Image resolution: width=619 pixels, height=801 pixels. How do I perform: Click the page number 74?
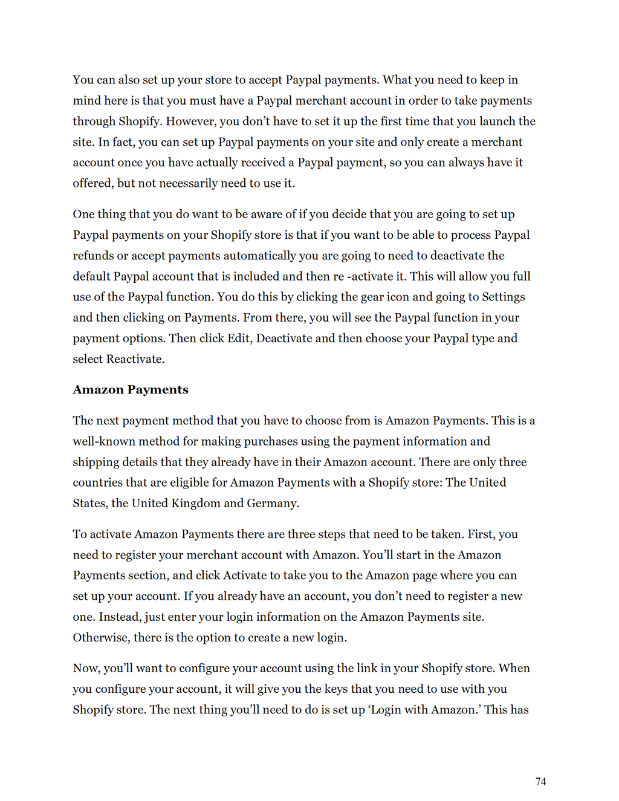540,782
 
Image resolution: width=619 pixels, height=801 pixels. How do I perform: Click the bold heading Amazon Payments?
131,390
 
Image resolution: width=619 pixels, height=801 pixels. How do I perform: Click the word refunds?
93,256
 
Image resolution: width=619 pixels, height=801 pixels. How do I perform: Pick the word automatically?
267,256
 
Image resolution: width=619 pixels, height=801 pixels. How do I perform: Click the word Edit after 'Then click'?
239,338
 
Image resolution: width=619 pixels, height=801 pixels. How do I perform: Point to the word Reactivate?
135,359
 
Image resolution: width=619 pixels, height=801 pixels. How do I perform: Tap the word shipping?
96,462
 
